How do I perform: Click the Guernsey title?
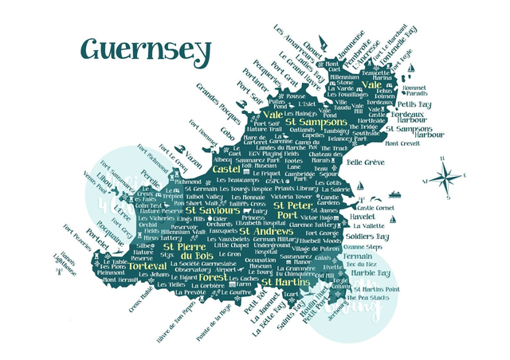(146, 49)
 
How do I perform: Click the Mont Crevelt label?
(402, 143)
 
